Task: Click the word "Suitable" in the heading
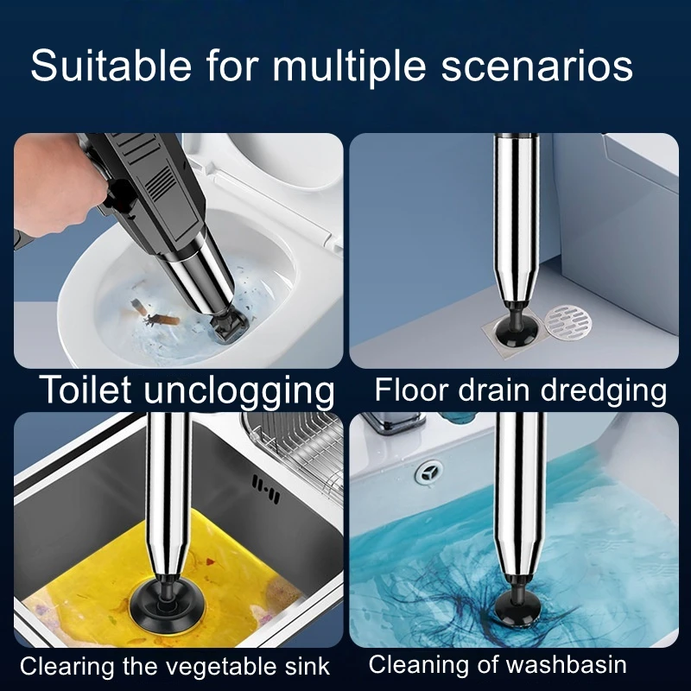(x=111, y=66)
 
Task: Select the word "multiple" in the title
(x=349, y=67)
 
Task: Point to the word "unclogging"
(x=239, y=392)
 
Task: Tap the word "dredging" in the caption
(x=603, y=391)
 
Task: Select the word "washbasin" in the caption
(x=567, y=664)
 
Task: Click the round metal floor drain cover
(x=568, y=326)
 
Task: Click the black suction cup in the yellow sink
(x=163, y=604)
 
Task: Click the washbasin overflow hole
(x=428, y=472)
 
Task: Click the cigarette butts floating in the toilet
(x=155, y=313)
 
